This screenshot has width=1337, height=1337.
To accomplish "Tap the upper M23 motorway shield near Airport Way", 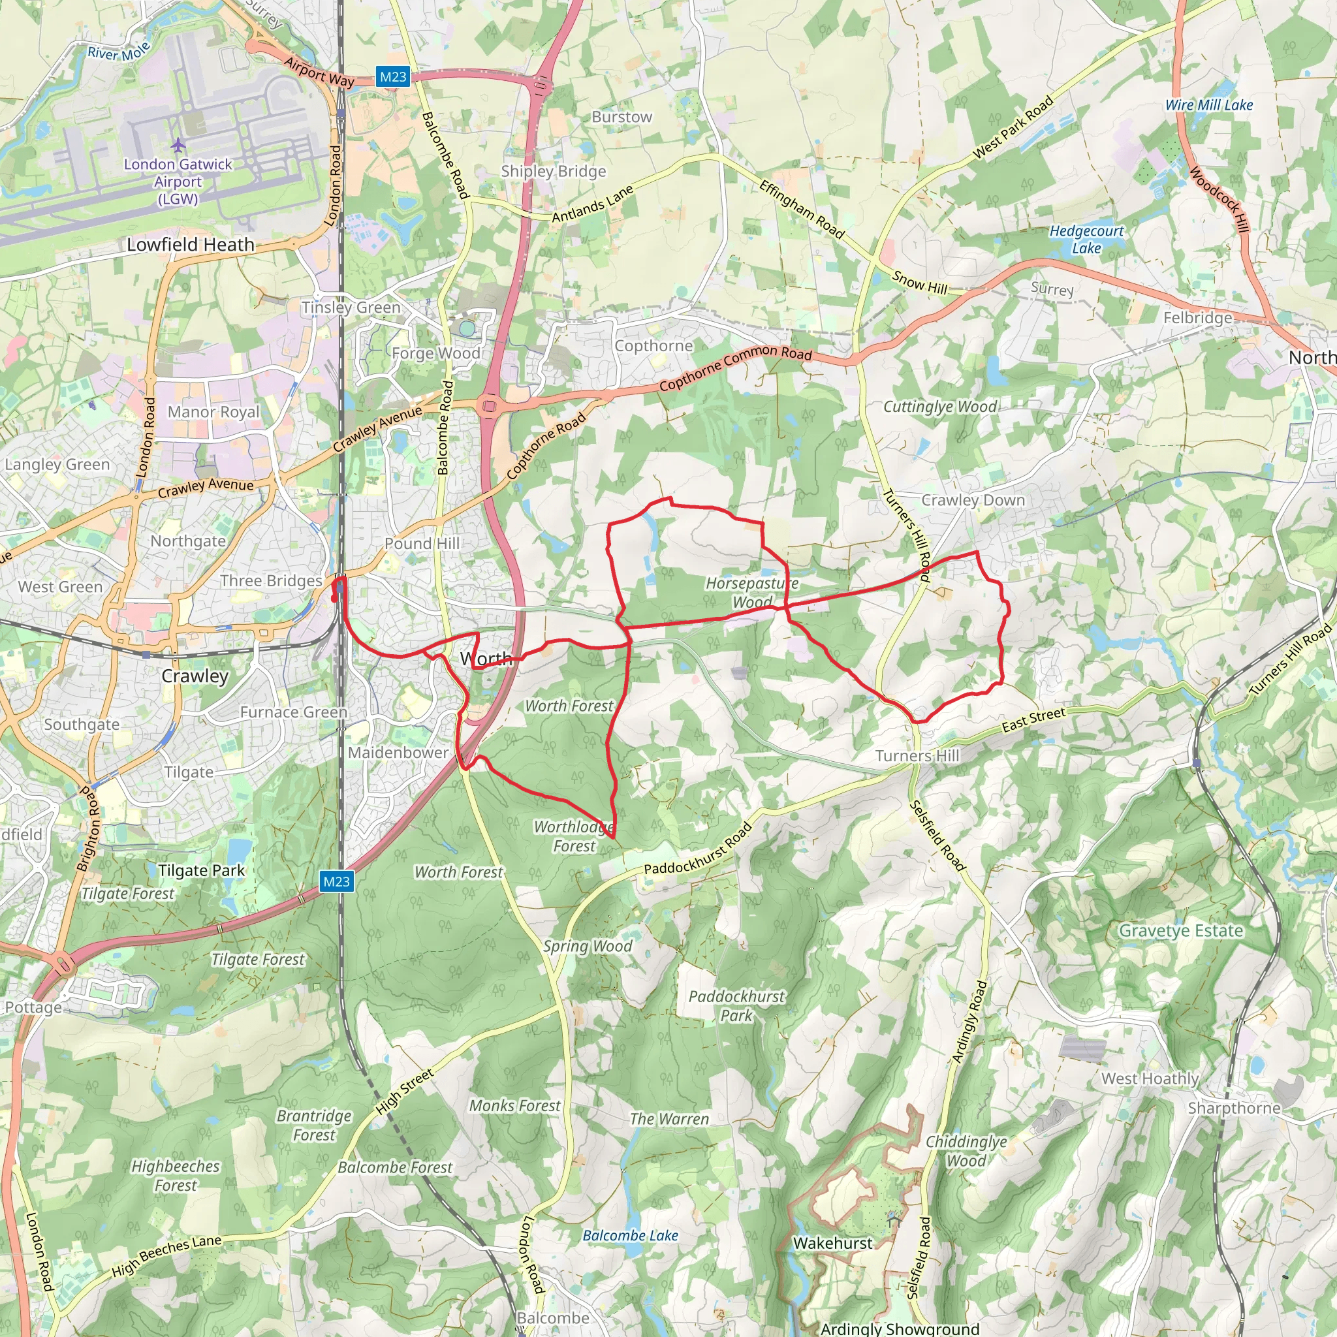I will [x=393, y=77].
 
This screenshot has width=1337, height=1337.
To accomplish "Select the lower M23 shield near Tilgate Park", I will [x=336, y=881].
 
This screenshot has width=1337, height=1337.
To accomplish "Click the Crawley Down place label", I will [x=973, y=499].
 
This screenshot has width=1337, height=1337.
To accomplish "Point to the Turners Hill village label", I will [x=917, y=756].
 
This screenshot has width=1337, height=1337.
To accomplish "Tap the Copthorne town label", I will [x=653, y=345].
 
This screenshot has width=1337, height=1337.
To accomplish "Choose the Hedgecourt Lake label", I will [x=1086, y=240].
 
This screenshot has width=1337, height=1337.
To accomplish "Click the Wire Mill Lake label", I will [x=1209, y=105].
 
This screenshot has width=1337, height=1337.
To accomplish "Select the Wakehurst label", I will [x=832, y=1243].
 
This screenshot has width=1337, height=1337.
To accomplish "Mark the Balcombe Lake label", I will [x=630, y=1235].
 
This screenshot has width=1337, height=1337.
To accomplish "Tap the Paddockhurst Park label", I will [x=736, y=1005].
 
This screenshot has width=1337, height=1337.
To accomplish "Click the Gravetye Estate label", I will [x=1180, y=931].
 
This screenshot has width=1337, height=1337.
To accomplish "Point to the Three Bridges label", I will [x=272, y=580].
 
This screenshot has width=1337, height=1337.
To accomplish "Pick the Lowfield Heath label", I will [x=191, y=244].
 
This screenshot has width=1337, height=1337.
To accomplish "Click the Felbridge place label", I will [x=1197, y=318].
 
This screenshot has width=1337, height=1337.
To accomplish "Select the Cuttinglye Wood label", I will [x=940, y=407].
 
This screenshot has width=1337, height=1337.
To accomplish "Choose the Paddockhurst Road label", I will [x=698, y=849].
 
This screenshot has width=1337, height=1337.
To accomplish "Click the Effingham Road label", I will [x=802, y=209].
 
